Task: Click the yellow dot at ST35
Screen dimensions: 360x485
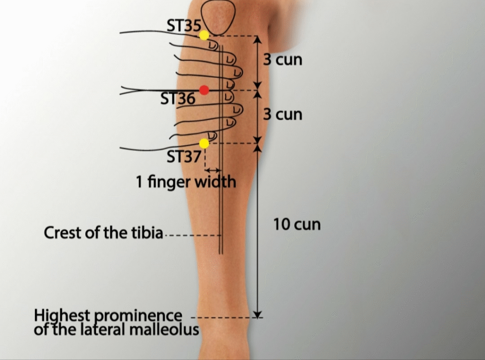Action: (204, 35)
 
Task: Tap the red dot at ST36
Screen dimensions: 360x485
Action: (204, 90)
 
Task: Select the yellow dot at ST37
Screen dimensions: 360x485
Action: (204, 143)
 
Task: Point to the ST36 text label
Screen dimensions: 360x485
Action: (178, 99)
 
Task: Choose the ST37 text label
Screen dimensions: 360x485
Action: (184, 157)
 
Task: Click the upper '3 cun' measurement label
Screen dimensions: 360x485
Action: (283, 60)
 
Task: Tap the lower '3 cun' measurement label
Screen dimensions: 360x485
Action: (283, 115)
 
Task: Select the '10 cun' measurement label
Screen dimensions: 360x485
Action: (297, 224)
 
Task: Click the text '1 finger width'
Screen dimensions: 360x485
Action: (186, 181)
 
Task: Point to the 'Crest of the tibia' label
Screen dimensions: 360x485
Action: (103, 233)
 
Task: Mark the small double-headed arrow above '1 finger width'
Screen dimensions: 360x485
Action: (213, 170)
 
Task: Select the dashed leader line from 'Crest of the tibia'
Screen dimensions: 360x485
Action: (193, 235)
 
